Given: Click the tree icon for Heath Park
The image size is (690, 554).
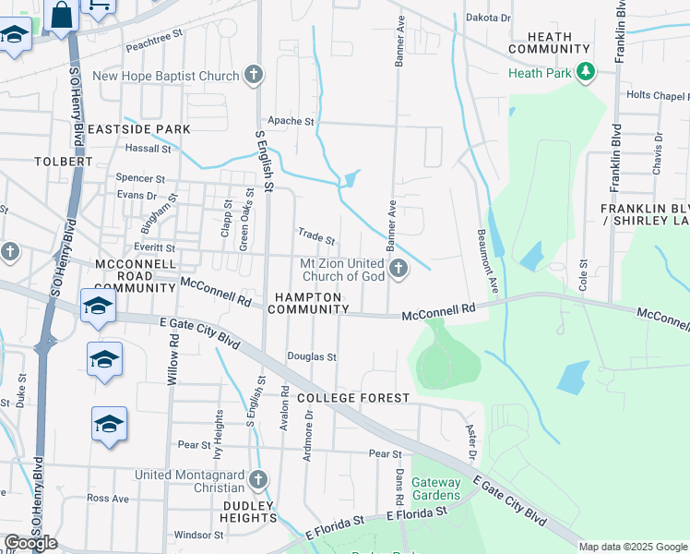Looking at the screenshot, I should click(585, 72).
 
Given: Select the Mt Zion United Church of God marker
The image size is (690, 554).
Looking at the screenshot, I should click(399, 269).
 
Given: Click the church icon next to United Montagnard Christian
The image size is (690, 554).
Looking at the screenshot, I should click(257, 479).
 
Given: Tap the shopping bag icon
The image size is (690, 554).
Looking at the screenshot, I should click(61, 16).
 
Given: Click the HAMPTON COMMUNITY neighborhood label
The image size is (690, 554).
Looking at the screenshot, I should click(307, 303).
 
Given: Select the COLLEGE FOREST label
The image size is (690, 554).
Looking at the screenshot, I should click(353, 398).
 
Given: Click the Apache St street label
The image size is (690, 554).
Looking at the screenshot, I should click(291, 121).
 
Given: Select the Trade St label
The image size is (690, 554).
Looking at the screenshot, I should click(315, 237).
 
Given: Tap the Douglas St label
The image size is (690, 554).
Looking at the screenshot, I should click(312, 356).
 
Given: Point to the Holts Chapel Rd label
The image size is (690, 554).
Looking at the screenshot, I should click(658, 95).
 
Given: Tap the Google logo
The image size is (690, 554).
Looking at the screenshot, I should click(30, 543).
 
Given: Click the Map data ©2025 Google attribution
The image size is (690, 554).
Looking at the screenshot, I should click(633, 547).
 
